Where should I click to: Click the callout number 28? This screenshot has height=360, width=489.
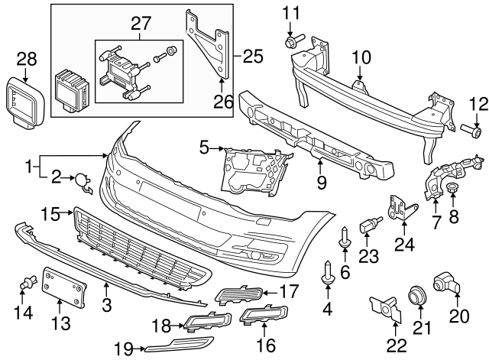click(26, 58)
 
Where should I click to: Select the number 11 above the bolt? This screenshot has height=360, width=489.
click(293, 12)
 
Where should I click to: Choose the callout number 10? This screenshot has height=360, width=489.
click(361, 57)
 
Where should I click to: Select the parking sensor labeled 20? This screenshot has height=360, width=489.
click(446, 284)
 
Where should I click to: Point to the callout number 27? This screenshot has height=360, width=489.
click(141, 23)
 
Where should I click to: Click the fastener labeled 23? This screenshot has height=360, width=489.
click(371, 224)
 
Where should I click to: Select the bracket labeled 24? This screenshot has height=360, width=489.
click(401, 209)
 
